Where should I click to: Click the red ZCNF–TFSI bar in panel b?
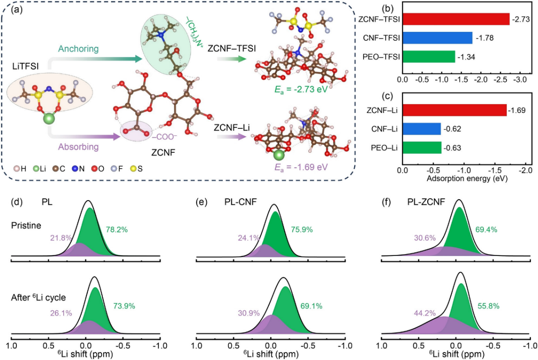click(x=455, y=19)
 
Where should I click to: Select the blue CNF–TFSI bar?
click(x=436, y=37)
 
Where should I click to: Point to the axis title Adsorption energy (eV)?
click(x=464, y=179)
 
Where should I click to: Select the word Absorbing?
click(x=78, y=146)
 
